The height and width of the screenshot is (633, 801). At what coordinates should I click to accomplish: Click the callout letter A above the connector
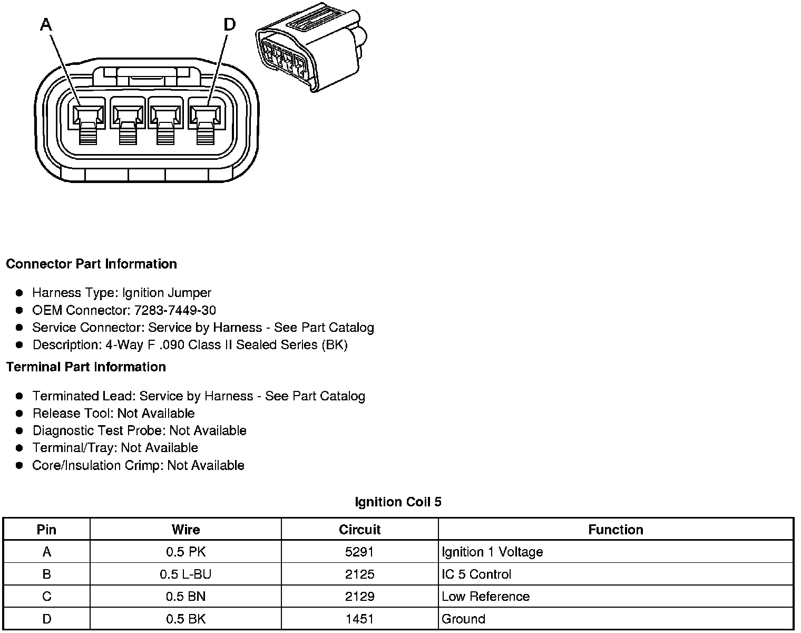(x=46, y=24)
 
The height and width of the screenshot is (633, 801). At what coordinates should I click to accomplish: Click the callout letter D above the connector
(x=229, y=24)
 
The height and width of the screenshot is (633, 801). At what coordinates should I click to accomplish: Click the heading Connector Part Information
(x=91, y=264)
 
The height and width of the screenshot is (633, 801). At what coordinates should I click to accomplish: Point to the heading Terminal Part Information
(x=86, y=367)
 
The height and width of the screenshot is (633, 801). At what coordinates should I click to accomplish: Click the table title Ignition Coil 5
(x=398, y=502)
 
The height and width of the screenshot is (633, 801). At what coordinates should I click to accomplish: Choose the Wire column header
(x=185, y=530)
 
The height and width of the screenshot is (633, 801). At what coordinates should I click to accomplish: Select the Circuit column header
(x=359, y=530)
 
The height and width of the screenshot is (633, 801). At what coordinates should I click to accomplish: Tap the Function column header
(x=616, y=530)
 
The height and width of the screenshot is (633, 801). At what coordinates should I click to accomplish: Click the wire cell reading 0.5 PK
(x=185, y=552)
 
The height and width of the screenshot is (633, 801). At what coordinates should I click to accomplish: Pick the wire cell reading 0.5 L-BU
(x=185, y=574)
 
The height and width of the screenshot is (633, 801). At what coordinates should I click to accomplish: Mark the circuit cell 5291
(x=359, y=552)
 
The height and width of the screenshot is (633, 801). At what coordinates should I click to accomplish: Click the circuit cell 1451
(x=359, y=619)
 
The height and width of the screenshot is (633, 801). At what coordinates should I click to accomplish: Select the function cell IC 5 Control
(x=476, y=574)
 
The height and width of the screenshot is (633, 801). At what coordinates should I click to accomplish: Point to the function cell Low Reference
(x=485, y=597)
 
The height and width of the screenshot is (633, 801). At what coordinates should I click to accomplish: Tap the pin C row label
(x=47, y=597)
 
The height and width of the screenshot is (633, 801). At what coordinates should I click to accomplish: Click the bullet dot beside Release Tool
(x=19, y=413)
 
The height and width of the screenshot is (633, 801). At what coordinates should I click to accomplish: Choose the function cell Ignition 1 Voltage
(x=492, y=552)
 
